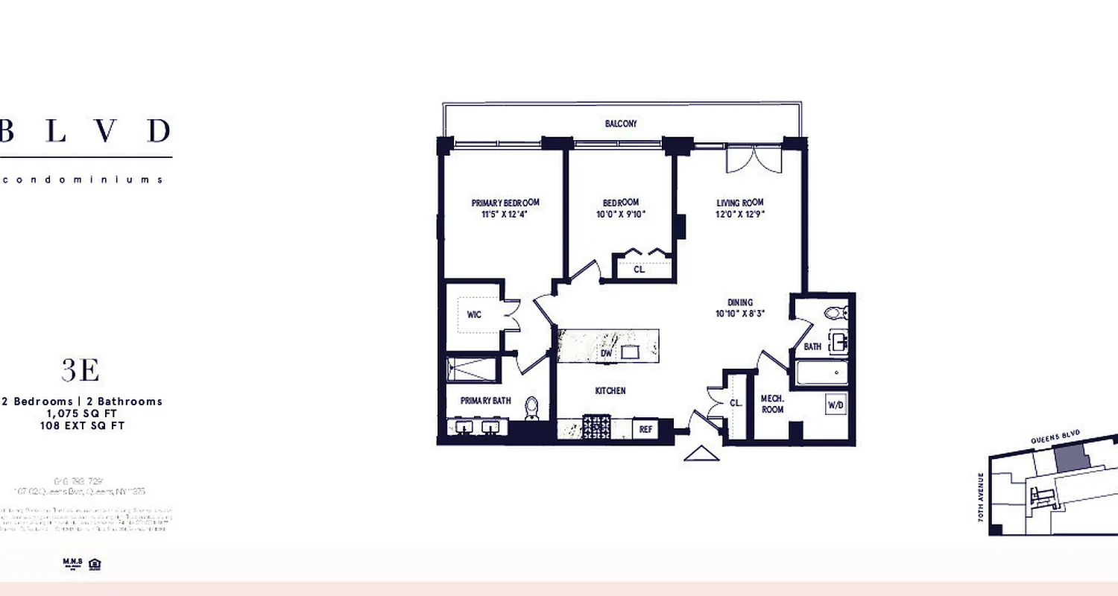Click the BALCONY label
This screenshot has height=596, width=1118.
(x=620, y=124)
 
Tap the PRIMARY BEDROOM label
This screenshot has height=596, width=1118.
(x=505, y=203)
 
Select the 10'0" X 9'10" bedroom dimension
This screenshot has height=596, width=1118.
(x=620, y=215)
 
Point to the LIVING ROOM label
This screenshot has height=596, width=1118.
(x=739, y=203)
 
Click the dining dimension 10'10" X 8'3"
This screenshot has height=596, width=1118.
(x=740, y=314)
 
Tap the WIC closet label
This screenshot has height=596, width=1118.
(x=474, y=314)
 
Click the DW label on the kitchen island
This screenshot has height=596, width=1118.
(x=606, y=354)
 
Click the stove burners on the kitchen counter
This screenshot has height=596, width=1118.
(x=596, y=428)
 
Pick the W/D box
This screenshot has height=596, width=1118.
(x=835, y=406)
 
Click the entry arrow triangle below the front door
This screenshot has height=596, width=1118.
(x=701, y=453)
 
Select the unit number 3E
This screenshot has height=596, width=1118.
(x=80, y=370)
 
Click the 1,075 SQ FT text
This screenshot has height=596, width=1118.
(x=82, y=413)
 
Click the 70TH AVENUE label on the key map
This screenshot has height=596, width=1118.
(x=981, y=497)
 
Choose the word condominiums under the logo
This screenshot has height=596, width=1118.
(x=82, y=180)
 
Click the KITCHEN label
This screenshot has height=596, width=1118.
(x=610, y=390)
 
